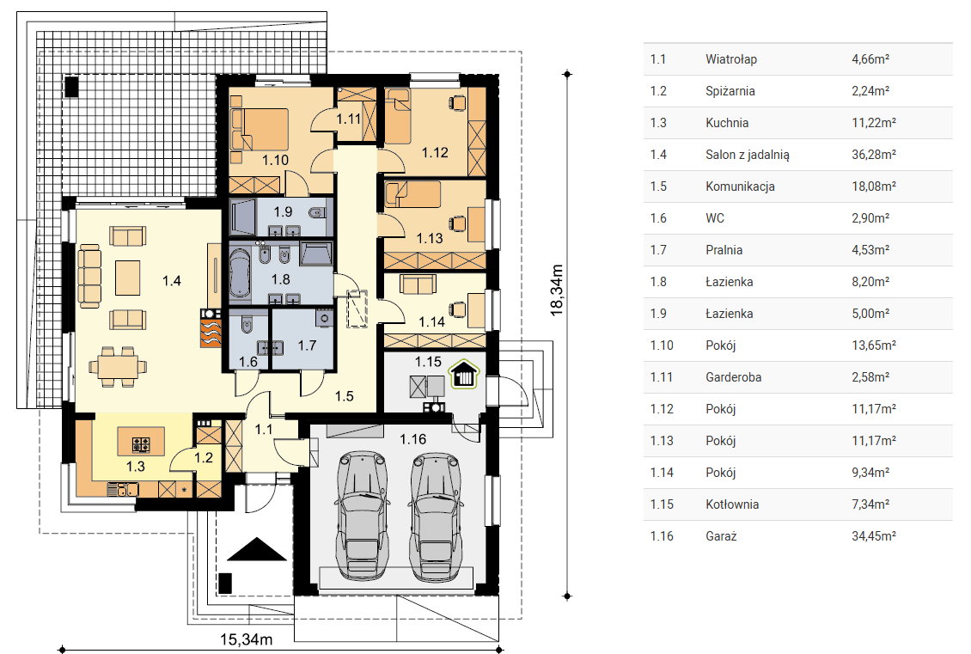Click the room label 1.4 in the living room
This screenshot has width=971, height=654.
point(172,281)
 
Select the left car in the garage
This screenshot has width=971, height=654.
point(363,516)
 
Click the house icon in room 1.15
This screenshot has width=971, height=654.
point(464,374)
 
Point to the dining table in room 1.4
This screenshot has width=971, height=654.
point(118,367)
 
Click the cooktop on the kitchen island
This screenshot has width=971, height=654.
point(141,444)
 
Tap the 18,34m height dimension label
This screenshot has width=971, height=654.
point(557,290)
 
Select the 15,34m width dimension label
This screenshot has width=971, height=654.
point(247,639)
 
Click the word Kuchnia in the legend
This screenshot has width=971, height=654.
point(727,123)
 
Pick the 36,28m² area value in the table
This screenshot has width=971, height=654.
point(874,154)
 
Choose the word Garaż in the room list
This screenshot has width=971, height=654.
point(721,535)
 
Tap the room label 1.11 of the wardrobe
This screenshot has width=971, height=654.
point(349,119)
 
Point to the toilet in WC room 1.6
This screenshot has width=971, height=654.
point(247,325)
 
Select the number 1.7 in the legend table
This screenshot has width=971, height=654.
point(658,249)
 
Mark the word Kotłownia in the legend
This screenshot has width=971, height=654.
point(732,504)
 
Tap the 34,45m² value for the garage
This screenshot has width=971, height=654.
point(874,535)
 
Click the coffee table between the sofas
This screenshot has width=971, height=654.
point(127,278)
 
